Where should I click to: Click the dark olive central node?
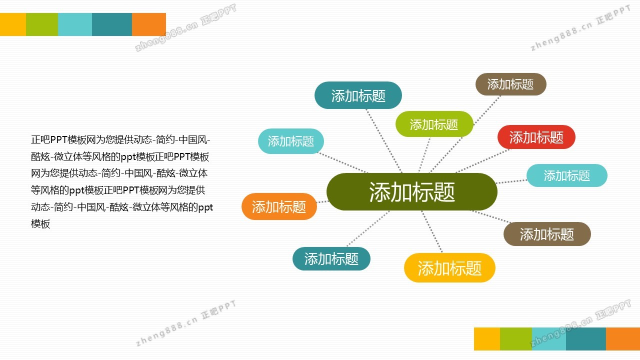coord(411,191)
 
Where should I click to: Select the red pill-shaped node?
coord(536,137)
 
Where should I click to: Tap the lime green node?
coord(434,124)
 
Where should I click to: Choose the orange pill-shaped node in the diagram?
coord(279,206)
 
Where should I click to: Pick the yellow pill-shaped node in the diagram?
coord(449,268)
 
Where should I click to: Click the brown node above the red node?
coord(511,84)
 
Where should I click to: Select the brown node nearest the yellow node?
coord(547,234)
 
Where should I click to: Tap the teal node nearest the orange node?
coord(331,259)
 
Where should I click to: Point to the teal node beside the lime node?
coord(358,95)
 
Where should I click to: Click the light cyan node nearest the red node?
coord(567,175)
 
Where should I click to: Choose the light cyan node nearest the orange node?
coord(291,141)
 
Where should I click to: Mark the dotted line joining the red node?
coord(483,161)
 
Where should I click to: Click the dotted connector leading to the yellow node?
coord(432,231)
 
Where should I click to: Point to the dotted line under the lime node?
coord(424,155)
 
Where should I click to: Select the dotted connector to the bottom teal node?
coord(368,228)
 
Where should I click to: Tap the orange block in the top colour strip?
coord(149,24)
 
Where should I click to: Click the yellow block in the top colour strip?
coord(13,24)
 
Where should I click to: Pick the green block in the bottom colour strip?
coord(516,339)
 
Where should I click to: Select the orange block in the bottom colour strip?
coord(623,339)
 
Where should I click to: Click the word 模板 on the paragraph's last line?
coord(40,223)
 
